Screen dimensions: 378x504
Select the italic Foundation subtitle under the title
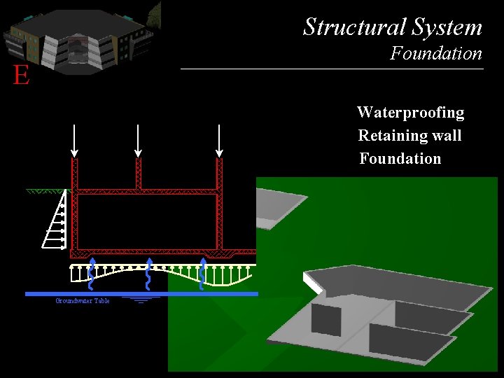(436, 53)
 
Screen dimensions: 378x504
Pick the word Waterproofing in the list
(410, 113)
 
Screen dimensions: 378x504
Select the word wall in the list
(446, 135)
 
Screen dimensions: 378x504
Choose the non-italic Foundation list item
(400, 159)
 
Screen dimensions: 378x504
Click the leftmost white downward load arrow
(74, 140)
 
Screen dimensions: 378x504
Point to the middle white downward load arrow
(139, 140)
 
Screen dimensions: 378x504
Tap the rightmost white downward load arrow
(219, 140)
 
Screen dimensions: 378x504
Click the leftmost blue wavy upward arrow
(91, 274)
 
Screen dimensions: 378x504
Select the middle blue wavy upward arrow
(148, 274)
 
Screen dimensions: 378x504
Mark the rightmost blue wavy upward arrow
(202, 274)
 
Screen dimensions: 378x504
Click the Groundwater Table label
(83, 301)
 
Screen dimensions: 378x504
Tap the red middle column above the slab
(139, 174)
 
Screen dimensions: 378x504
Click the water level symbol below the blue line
(141, 300)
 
